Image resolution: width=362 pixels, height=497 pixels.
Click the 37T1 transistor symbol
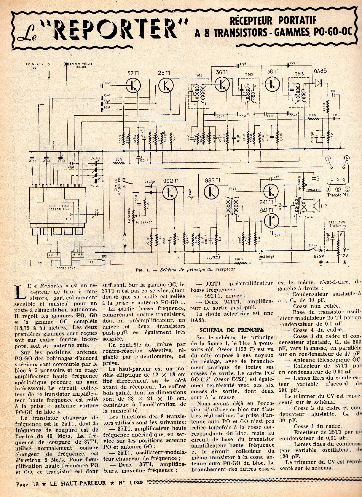pyautogui.click(x=133, y=85)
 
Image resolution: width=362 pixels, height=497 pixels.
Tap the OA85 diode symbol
pyautogui.click(x=319, y=82)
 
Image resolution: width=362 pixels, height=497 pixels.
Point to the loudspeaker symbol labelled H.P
pyautogui.click(x=315, y=206)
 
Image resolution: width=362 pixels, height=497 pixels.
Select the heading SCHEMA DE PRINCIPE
pyautogui.click(x=231, y=330)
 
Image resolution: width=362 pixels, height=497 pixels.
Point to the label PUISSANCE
pyautogui.click(x=145, y=222)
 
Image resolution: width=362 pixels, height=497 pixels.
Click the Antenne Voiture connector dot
pyautogui.click(x=66, y=63)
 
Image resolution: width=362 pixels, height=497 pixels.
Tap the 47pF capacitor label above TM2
pyautogui.click(x=243, y=64)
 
